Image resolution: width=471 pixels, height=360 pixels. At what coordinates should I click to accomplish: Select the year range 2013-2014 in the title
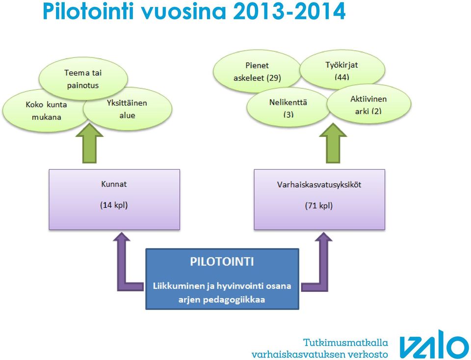pyautogui.click(x=289, y=12)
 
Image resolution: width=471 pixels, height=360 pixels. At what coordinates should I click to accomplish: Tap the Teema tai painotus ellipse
pyautogui.click(x=83, y=77)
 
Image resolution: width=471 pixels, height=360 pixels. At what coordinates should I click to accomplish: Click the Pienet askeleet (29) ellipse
pyautogui.click(x=257, y=72)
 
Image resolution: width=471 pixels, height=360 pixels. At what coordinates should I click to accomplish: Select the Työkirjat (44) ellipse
pyautogui.click(x=342, y=70)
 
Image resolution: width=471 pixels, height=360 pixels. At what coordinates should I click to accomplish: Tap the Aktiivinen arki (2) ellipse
pyautogui.click(x=369, y=104)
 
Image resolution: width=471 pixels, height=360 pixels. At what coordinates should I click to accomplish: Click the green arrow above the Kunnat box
pyautogui.click(x=89, y=144)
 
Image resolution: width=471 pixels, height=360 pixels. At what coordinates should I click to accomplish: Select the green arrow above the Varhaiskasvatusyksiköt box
pyautogui.click(x=333, y=144)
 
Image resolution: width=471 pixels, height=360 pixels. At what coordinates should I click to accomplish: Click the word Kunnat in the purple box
pyautogui.click(x=114, y=184)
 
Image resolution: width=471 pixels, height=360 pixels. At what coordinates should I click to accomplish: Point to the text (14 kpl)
pyautogui.click(x=114, y=206)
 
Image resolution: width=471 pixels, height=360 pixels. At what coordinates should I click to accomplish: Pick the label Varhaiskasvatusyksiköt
pyautogui.click(x=319, y=184)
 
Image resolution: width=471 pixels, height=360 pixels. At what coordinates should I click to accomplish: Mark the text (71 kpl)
pyautogui.click(x=319, y=206)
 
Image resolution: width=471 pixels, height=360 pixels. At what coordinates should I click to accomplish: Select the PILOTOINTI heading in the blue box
pyautogui.click(x=222, y=262)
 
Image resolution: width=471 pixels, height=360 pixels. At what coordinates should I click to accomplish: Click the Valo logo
pyautogui.click(x=434, y=344)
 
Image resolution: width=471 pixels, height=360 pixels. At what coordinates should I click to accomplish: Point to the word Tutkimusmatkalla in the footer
pyautogui.click(x=345, y=342)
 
